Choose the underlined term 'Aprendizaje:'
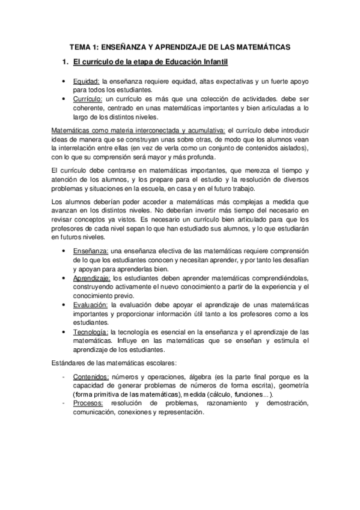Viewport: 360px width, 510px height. tap(92, 278)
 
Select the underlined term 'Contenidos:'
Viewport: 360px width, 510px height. tap(91, 377)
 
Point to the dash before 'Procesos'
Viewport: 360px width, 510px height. tap(64, 404)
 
